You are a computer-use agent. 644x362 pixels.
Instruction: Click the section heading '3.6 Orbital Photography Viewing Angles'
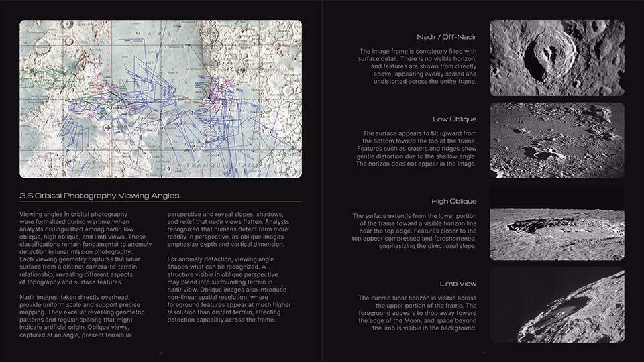[99, 196]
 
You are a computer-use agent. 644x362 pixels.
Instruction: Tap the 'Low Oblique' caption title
[454, 119]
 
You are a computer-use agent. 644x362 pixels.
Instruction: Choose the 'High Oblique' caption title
[454, 201]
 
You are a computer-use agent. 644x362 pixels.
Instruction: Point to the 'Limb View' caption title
[458, 284]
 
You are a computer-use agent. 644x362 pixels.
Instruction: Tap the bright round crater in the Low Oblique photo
[540, 154]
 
